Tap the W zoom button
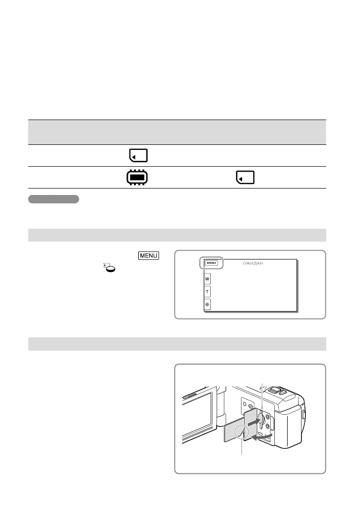click(207, 279)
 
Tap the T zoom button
click(207, 292)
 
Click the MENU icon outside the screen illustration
click(149, 256)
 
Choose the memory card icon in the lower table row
click(244, 178)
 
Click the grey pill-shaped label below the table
click(54, 199)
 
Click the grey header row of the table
click(177, 132)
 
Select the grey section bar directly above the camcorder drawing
click(177, 344)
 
